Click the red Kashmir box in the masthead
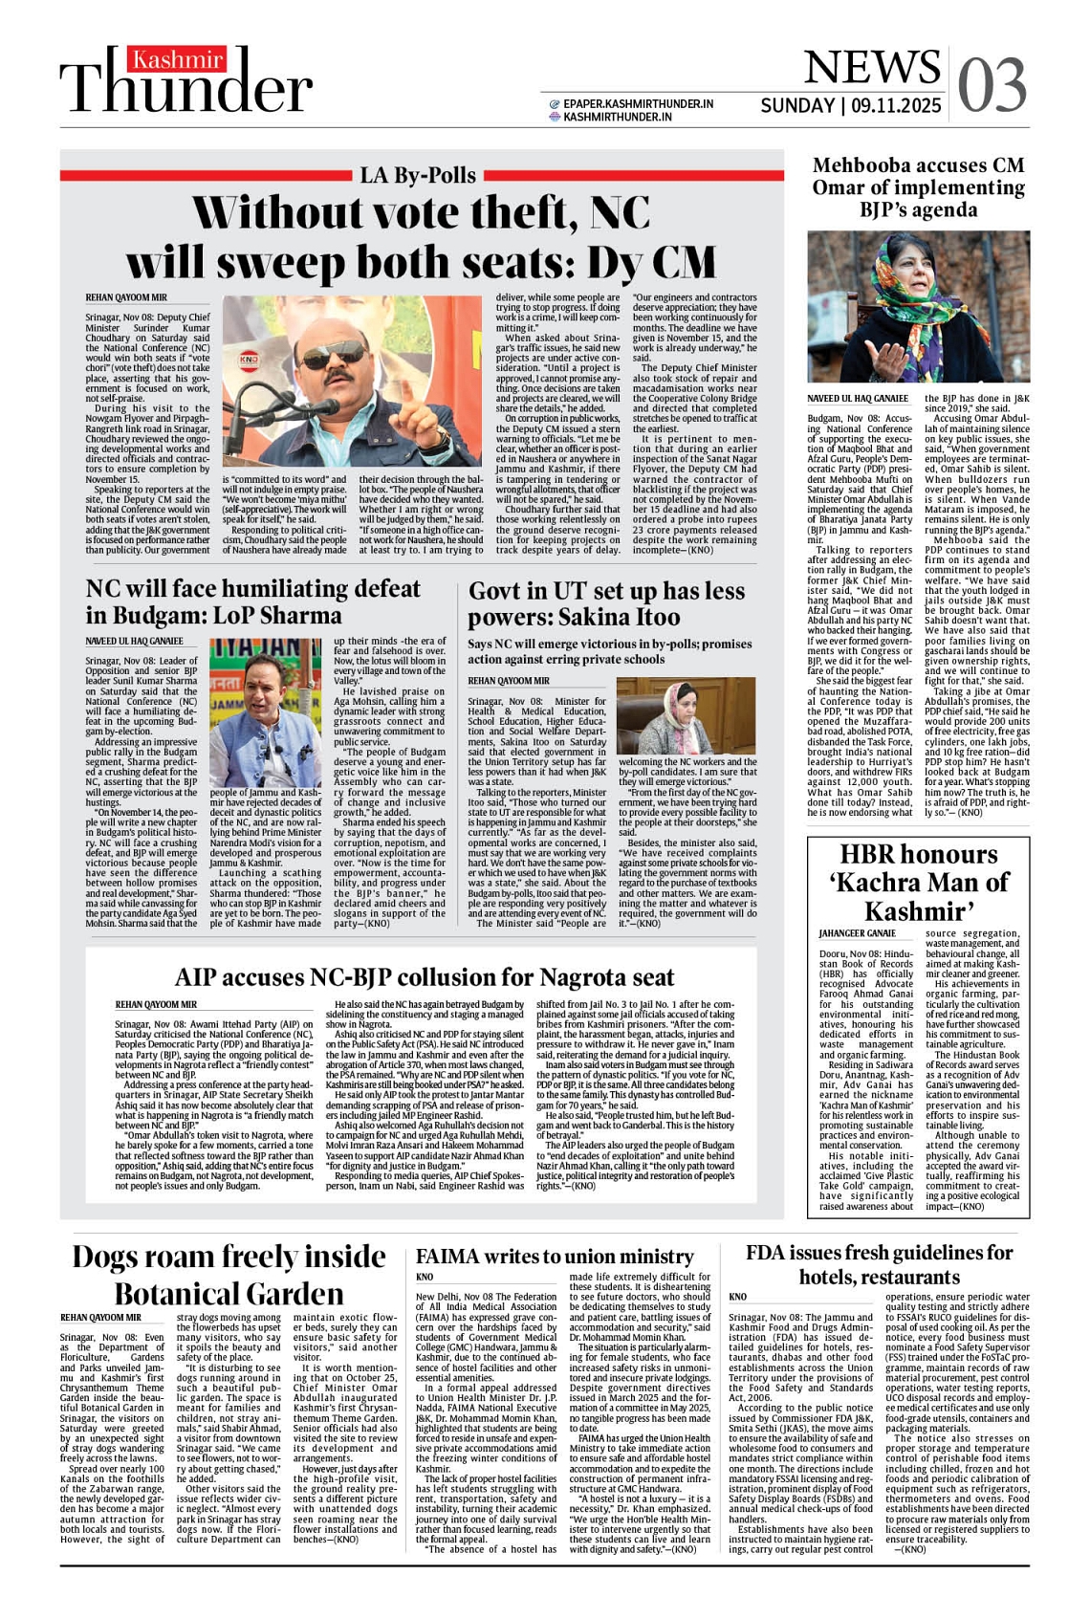pyautogui.click(x=178, y=60)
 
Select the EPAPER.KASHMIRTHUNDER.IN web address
pyautogui.click(x=638, y=103)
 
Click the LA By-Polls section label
pyautogui.click(x=418, y=175)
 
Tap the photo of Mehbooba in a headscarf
pyautogui.click(x=918, y=307)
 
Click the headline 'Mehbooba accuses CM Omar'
pyautogui.click(x=918, y=187)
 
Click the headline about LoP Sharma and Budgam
pyautogui.click(x=253, y=602)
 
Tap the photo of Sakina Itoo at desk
pyautogui.click(x=687, y=715)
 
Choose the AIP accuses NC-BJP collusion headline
pyautogui.click(x=424, y=977)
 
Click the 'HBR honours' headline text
pyautogui.click(x=918, y=855)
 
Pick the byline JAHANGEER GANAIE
pyautogui.click(x=857, y=933)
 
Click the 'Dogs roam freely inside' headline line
pyautogui.click(x=229, y=1257)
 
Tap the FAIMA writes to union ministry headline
pyautogui.click(x=555, y=1257)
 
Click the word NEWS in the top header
pyautogui.click(x=872, y=67)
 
